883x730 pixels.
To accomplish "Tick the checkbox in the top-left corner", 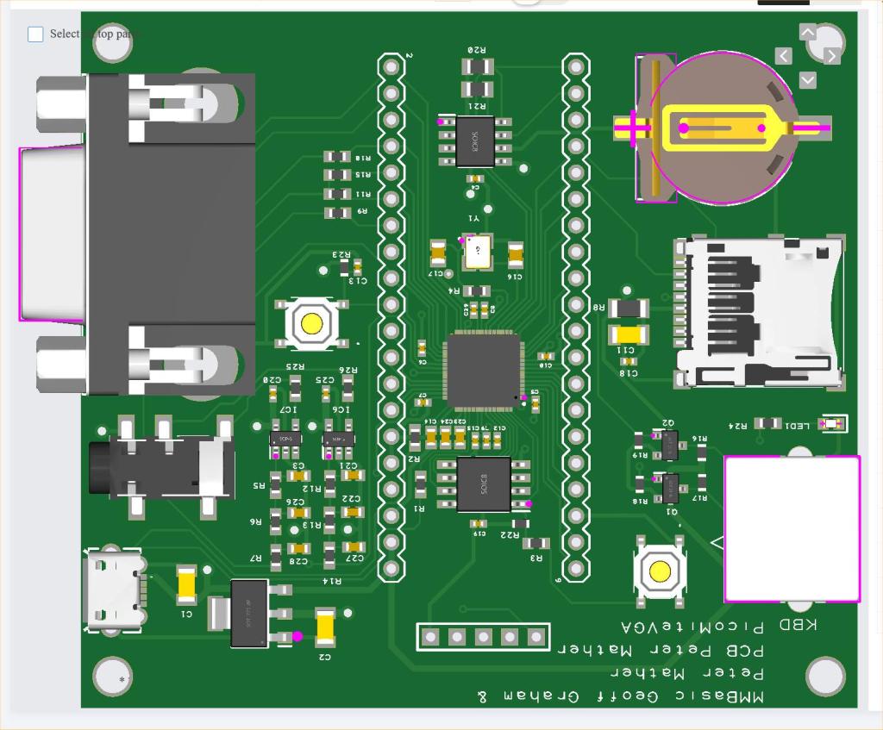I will (x=35, y=34).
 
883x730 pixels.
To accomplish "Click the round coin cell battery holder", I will (x=723, y=128).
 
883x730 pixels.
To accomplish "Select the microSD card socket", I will (x=759, y=312).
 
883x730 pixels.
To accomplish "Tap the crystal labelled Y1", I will (x=476, y=251).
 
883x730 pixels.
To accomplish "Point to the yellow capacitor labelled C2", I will (x=325, y=627).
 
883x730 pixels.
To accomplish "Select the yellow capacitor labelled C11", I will (x=629, y=334).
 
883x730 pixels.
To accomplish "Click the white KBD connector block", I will (x=792, y=528).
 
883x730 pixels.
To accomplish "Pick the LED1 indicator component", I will (x=832, y=424).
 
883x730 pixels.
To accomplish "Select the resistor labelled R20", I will (x=477, y=66).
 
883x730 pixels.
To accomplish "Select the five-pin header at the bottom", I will (x=483, y=637).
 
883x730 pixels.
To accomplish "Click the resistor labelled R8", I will (x=629, y=308).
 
